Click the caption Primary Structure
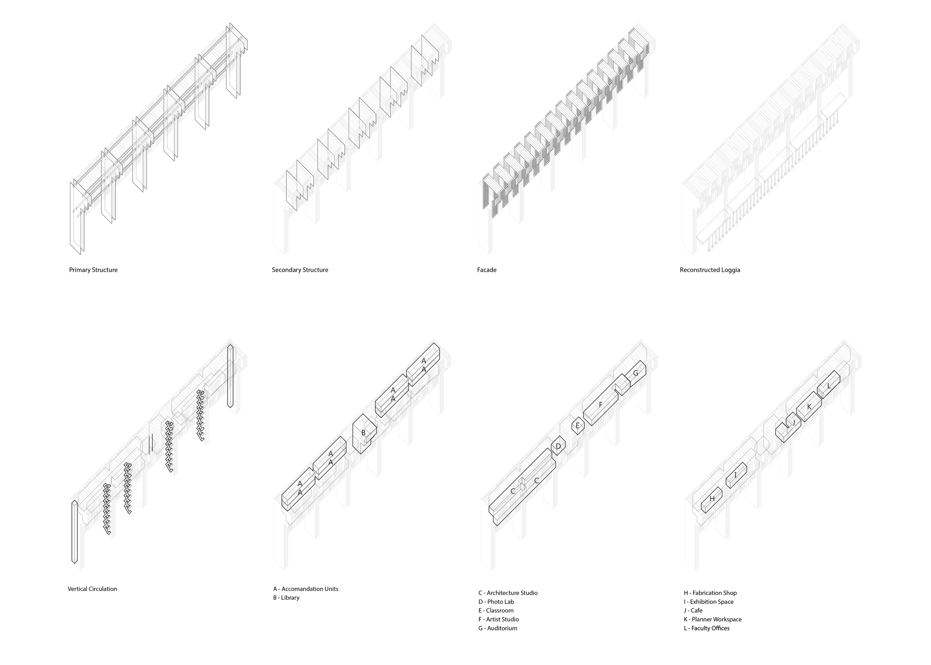93,270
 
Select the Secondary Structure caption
300,270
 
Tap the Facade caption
487,270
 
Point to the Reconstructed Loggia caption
710,270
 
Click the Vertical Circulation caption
92,589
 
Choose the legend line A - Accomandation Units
306,589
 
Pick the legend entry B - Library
286,598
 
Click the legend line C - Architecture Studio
508,593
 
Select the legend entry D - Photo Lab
496,602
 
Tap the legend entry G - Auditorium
498,628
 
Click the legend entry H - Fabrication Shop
710,593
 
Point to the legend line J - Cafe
693,611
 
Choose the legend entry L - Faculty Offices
706,628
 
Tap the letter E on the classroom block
578,426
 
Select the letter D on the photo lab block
558,447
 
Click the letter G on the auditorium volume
635,373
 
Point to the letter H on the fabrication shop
712,499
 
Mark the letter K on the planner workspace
809,407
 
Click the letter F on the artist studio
600,405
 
